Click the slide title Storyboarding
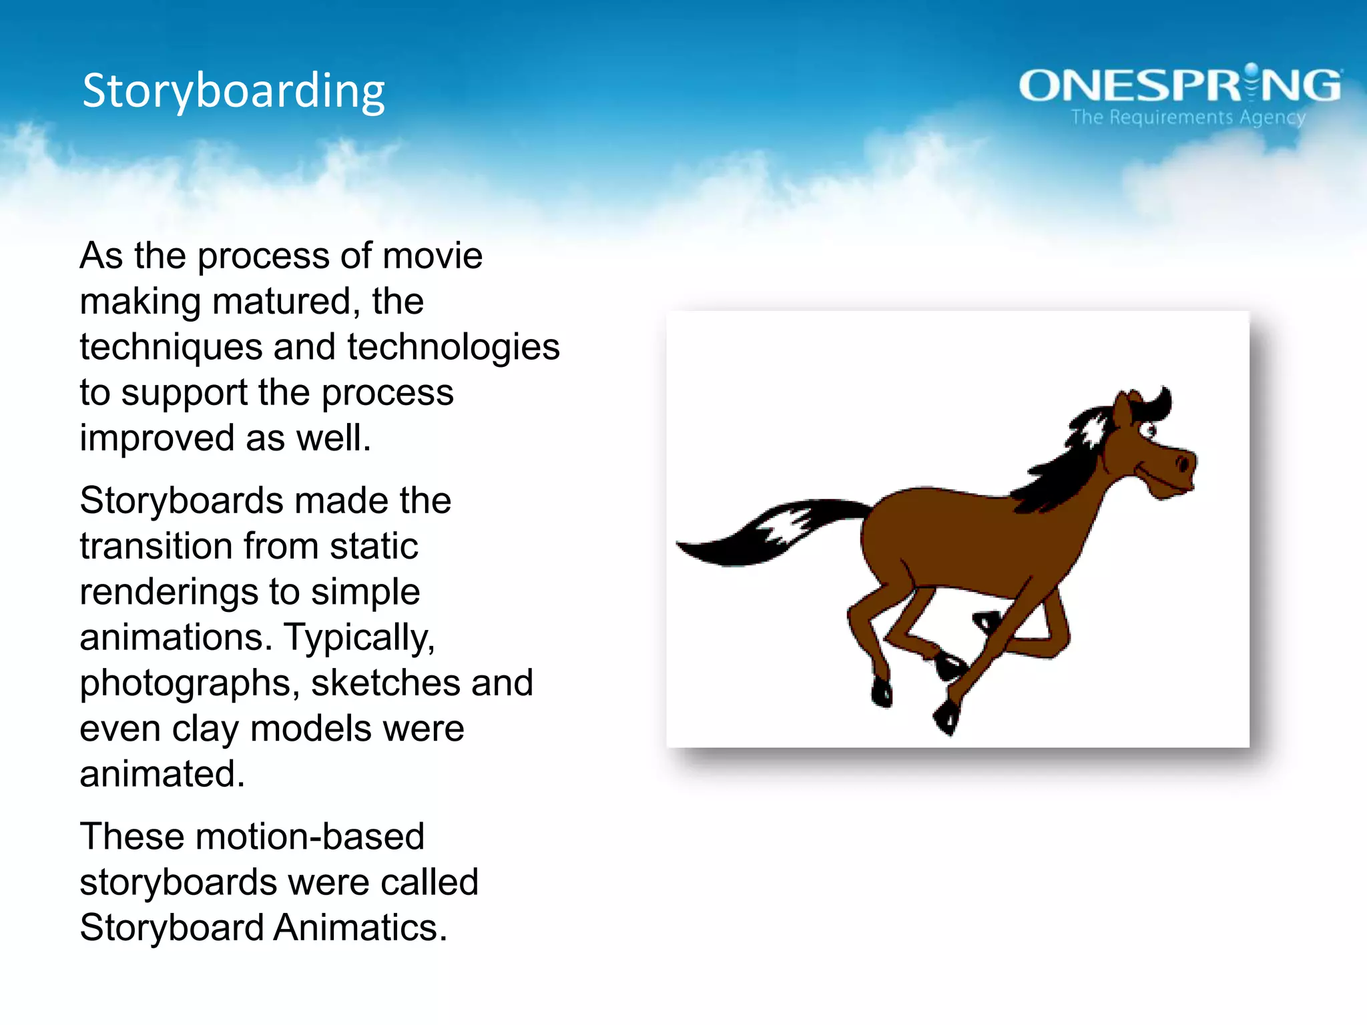point(234,91)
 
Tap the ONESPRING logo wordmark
point(1179,85)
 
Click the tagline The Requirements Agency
point(1188,117)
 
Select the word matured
point(281,302)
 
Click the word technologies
point(453,347)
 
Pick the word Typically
point(360,638)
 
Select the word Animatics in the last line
point(360,928)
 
